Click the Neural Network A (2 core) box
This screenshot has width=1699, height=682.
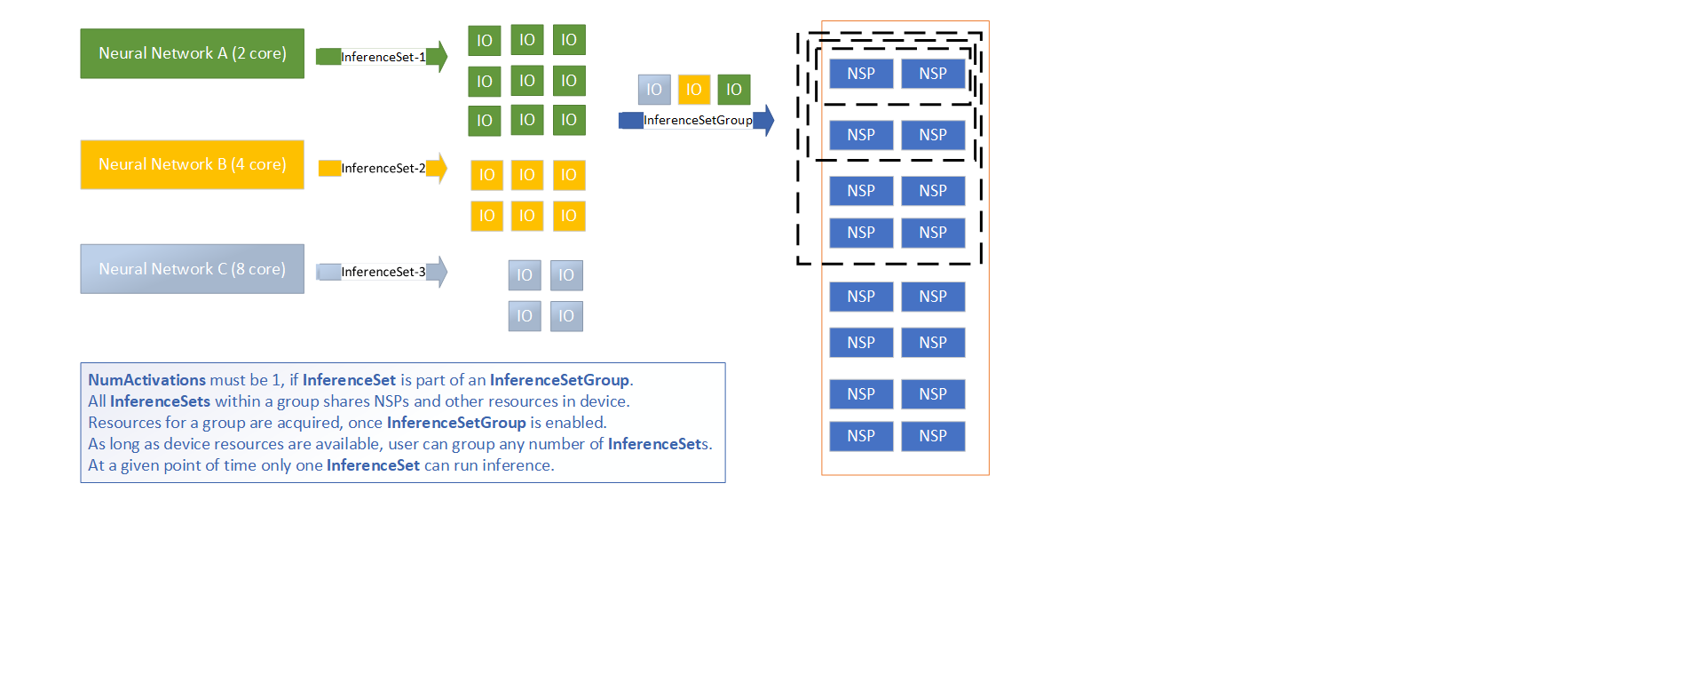click(192, 53)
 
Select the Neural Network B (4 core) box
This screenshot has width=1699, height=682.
click(192, 164)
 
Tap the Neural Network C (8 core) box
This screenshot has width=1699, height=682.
click(192, 269)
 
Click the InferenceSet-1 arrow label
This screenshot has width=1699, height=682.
click(383, 57)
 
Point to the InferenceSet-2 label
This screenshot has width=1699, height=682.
click(383, 168)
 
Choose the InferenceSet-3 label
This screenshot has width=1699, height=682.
click(383, 272)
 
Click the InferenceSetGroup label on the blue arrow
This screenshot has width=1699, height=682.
click(698, 120)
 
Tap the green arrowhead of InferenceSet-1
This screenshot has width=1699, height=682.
click(438, 57)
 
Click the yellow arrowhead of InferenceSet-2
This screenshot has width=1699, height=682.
click(438, 168)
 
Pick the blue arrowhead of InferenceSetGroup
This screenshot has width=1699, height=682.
click(764, 120)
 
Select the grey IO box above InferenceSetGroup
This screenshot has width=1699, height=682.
click(654, 90)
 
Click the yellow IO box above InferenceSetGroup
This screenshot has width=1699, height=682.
click(694, 90)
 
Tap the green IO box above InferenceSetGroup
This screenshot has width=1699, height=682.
click(734, 90)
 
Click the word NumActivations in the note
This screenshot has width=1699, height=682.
click(146, 380)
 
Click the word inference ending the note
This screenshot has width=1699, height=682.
click(518, 465)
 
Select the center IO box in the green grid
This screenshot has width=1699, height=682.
click(527, 81)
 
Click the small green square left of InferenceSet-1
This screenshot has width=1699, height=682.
click(328, 57)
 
